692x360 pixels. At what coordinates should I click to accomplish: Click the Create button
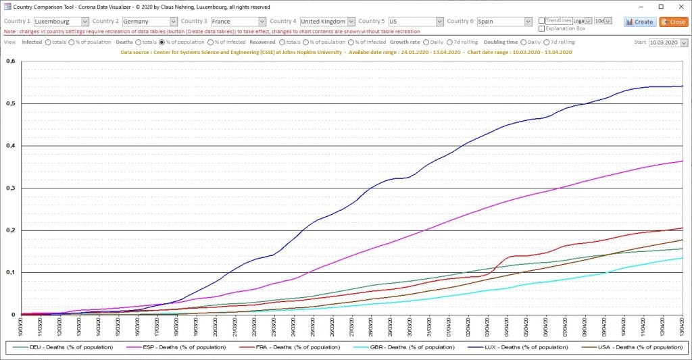(639, 22)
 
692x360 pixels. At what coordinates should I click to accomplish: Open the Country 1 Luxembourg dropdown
(61, 22)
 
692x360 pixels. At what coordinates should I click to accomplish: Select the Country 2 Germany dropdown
(150, 22)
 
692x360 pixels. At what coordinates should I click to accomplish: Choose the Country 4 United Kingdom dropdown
(327, 22)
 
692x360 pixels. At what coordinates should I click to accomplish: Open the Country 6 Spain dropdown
(503, 22)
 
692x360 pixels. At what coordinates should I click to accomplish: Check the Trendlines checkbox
(542, 20)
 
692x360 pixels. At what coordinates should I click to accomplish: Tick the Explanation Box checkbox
(542, 29)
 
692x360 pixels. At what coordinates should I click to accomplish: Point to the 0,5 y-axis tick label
(10, 103)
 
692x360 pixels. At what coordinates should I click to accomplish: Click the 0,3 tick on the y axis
(10, 188)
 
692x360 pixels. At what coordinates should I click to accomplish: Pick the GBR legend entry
(400, 347)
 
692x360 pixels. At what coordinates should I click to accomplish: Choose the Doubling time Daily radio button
(523, 43)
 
